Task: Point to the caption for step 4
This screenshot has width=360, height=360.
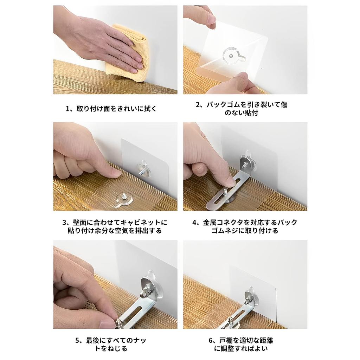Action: (245, 227)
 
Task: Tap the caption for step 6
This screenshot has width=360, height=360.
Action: (245, 345)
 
